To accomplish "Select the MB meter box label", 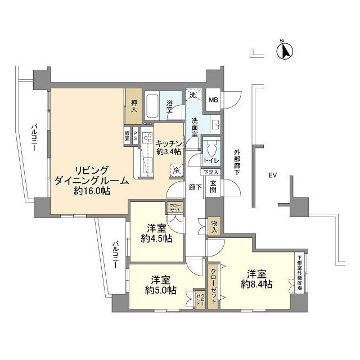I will point(213,100).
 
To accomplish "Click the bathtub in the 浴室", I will point(154,105).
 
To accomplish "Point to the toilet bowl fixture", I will point(211,150).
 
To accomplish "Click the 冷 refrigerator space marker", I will point(177,170).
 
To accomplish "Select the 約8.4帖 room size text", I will point(256,285).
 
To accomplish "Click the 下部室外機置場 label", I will point(300,273).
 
